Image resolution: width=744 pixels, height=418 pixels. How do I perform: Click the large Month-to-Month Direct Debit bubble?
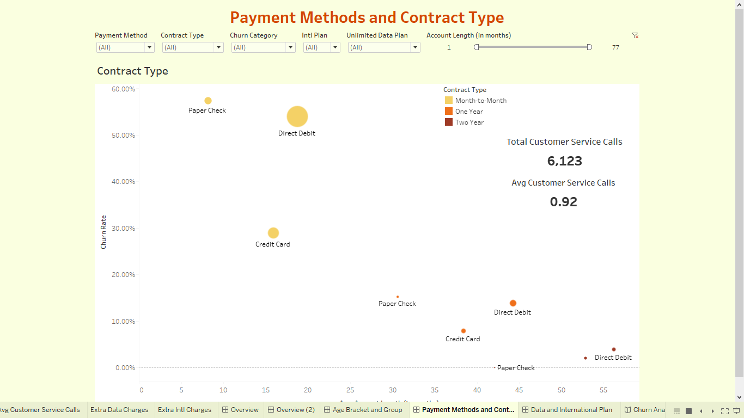click(297, 116)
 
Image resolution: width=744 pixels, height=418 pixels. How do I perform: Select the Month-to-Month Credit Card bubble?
click(273, 233)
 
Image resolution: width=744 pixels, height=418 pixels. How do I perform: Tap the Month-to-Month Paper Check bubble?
click(208, 101)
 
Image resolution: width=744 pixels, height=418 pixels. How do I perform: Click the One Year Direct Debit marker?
click(513, 303)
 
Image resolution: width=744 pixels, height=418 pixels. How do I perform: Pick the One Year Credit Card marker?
click(464, 331)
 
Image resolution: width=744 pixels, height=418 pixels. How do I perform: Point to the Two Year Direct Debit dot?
click(614, 349)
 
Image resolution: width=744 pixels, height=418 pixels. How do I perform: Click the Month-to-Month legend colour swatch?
click(449, 100)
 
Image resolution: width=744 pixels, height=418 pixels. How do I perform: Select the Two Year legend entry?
click(469, 122)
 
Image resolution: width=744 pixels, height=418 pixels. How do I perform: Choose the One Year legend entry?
click(469, 112)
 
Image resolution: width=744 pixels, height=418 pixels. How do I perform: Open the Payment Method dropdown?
click(125, 47)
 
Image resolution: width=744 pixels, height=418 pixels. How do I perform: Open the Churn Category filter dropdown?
click(263, 47)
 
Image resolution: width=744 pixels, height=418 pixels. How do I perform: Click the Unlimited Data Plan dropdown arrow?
click(415, 47)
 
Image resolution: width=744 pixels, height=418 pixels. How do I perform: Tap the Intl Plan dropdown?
click(321, 47)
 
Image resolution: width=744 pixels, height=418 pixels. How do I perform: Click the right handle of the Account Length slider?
click(589, 47)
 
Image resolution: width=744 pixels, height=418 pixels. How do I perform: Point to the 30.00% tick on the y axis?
click(124, 228)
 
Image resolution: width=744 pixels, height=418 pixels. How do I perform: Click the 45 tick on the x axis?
click(519, 390)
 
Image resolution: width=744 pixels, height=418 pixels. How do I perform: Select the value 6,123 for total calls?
click(564, 161)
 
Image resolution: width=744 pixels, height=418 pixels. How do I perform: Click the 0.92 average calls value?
click(563, 202)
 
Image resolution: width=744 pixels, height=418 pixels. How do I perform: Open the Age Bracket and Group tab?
click(367, 410)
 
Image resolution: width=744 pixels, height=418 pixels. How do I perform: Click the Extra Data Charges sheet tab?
click(119, 410)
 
